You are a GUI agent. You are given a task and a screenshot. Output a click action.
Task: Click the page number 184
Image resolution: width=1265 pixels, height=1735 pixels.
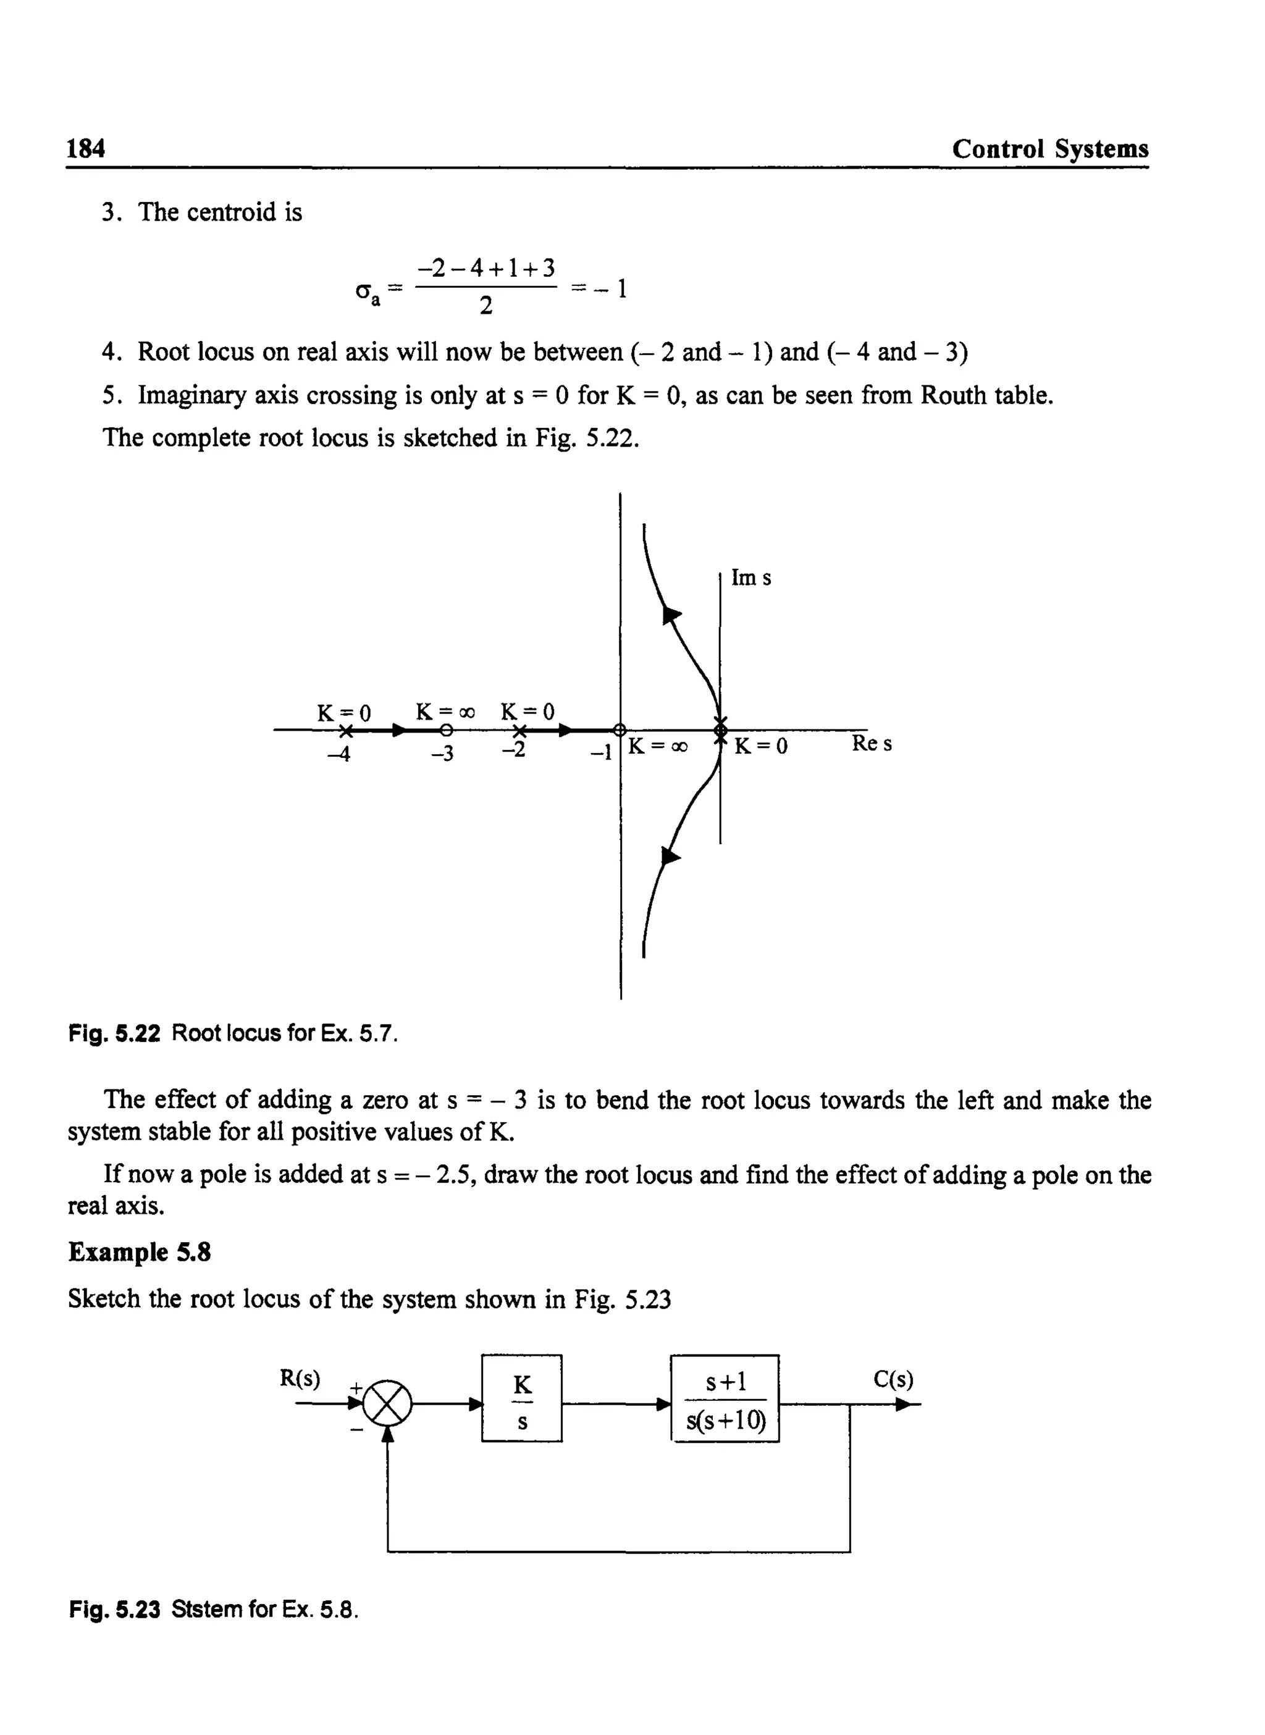86,148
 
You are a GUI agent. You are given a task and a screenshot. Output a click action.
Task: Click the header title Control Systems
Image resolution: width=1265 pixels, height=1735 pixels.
1050,148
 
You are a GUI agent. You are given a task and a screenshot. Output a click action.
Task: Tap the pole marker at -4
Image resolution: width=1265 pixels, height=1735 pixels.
345,731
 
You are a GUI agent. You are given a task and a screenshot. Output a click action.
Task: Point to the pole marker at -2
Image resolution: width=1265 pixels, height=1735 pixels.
520,731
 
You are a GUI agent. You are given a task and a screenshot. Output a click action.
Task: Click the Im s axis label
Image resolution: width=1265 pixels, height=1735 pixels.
750,578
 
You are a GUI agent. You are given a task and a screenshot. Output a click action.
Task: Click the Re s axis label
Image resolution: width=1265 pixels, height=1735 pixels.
872,744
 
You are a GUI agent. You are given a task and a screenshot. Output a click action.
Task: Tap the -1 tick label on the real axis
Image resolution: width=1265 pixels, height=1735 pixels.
601,754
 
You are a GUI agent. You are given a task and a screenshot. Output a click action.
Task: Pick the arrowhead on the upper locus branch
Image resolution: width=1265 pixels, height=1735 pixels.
671,615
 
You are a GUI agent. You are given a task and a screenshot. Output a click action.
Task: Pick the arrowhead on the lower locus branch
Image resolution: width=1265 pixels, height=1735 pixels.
670,856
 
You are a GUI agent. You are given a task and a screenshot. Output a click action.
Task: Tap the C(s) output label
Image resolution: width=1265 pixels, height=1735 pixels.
893,1379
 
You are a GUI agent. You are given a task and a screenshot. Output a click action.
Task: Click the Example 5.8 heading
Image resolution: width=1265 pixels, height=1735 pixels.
140,1253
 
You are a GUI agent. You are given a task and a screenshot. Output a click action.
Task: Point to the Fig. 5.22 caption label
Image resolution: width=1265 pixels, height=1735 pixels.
114,1033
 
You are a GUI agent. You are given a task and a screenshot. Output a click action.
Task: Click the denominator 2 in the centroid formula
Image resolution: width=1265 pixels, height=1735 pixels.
485,306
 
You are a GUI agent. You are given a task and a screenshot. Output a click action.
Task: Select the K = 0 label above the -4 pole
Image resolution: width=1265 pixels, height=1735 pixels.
344,713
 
